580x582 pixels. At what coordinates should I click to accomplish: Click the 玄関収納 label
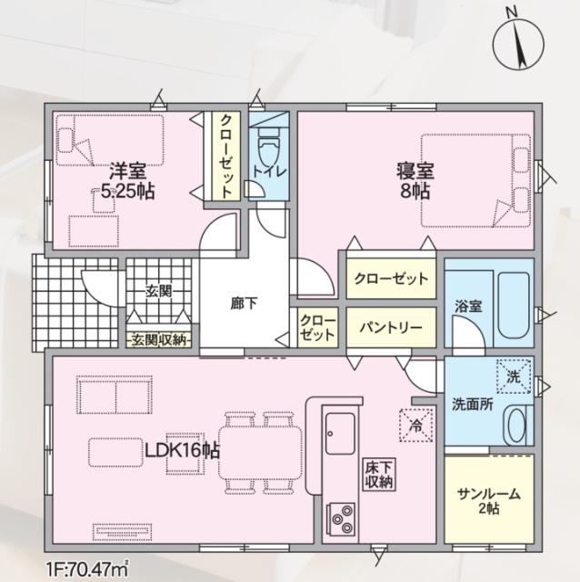158,339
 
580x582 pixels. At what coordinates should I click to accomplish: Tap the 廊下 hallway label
244,304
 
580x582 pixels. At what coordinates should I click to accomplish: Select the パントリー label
389,325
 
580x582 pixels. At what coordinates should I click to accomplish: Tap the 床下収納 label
379,475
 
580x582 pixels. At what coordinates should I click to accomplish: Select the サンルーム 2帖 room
488,500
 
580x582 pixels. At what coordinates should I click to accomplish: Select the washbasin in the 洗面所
515,426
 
